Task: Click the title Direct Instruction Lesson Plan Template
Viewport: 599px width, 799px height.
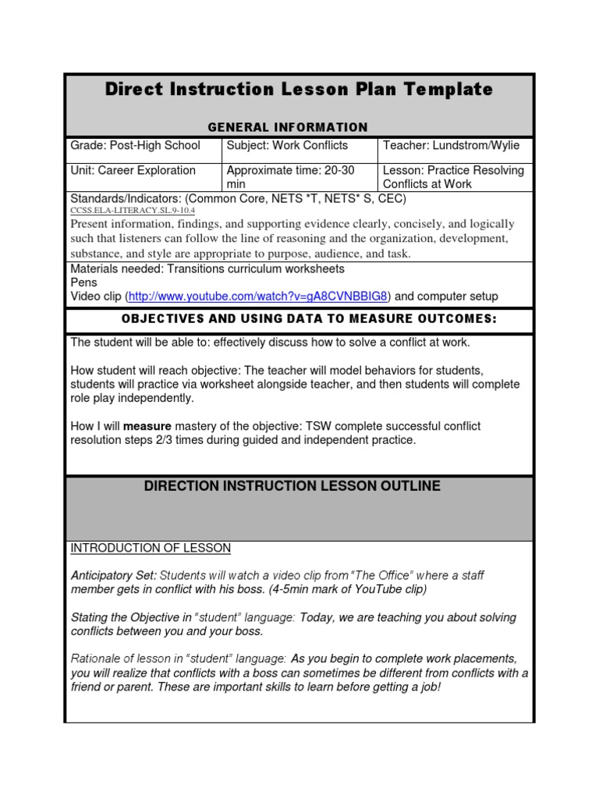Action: tap(299, 90)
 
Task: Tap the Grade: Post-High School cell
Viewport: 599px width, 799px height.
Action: tap(136, 146)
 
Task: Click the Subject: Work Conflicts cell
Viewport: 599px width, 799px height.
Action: tap(287, 146)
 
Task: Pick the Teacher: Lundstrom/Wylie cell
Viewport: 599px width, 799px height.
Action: tap(450, 146)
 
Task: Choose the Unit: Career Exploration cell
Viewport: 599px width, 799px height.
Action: tap(133, 171)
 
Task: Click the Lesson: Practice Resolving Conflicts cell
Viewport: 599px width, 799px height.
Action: tap(452, 177)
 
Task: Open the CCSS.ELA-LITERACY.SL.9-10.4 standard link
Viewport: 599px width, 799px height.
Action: tap(133, 211)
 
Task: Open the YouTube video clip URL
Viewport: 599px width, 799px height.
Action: tap(258, 297)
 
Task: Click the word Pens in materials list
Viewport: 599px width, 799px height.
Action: tap(83, 282)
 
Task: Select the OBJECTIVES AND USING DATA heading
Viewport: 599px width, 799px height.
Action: tap(299, 320)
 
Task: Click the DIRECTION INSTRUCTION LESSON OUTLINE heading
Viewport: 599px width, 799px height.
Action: tap(292, 487)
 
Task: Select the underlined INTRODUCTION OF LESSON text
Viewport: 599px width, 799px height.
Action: tap(151, 549)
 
